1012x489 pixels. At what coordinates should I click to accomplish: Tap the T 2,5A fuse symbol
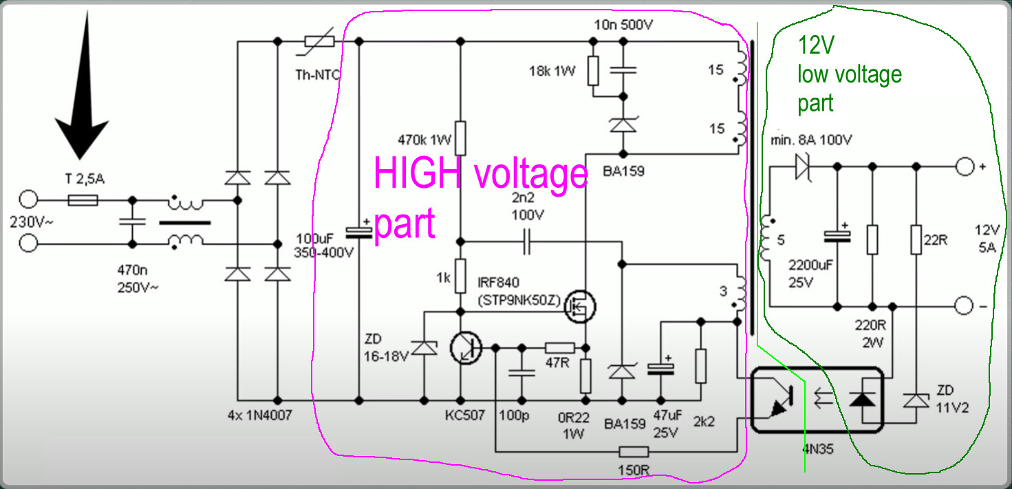pos(83,200)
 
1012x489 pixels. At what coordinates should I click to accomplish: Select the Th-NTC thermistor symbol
pos(319,41)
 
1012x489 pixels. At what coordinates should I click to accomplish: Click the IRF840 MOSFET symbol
pos(580,307)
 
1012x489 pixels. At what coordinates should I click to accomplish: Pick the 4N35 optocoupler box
pos(816,400)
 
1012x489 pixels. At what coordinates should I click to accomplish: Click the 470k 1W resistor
pos(460,138)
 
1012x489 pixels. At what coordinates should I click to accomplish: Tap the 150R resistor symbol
pos(634,452)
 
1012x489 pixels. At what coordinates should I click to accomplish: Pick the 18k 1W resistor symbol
pos(593,72)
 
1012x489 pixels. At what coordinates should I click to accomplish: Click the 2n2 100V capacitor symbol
pos(528,242)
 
